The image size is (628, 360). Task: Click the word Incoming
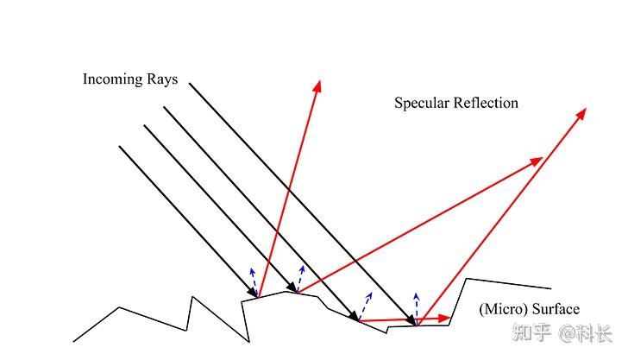tap(112, 79)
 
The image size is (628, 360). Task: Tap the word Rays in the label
tap(162, 79)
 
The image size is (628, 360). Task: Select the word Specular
tap(422, 104)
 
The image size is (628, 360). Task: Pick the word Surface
tap(556, 309)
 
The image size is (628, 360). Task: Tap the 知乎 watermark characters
tap(532, 332)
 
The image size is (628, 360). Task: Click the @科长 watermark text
tap(586, 333)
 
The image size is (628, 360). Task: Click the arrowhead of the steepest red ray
tap(317, 86)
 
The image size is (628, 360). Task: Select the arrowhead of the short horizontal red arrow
tap(444, 319)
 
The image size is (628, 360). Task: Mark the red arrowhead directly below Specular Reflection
tap(537, 161)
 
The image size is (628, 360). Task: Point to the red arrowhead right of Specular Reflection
tap(581, 113)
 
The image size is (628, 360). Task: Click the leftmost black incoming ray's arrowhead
tap(252, 292)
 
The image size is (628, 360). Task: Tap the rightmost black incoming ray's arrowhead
tap(411, 320)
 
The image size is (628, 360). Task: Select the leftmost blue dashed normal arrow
tap(254, 282)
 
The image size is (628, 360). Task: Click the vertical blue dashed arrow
tap(417, 309)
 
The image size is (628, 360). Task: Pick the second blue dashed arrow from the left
tap(300, 279)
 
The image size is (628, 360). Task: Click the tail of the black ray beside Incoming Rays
tap(190, 84)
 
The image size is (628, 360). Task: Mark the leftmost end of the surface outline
tap(73, 342)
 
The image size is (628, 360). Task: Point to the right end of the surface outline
tap(551, 288)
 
